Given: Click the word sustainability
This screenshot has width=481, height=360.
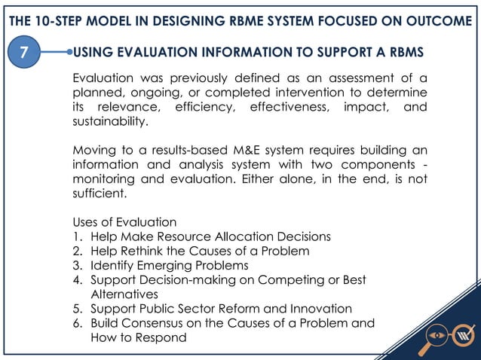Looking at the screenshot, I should [x=110, y=121].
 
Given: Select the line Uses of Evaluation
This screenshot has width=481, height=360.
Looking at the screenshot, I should [x=124, y=222].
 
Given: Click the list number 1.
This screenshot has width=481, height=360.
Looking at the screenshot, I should [x=77, y=236].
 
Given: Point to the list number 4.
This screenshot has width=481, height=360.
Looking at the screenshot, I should [x=77, y=279].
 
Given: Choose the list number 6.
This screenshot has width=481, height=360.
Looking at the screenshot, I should [x=77, y=323].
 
